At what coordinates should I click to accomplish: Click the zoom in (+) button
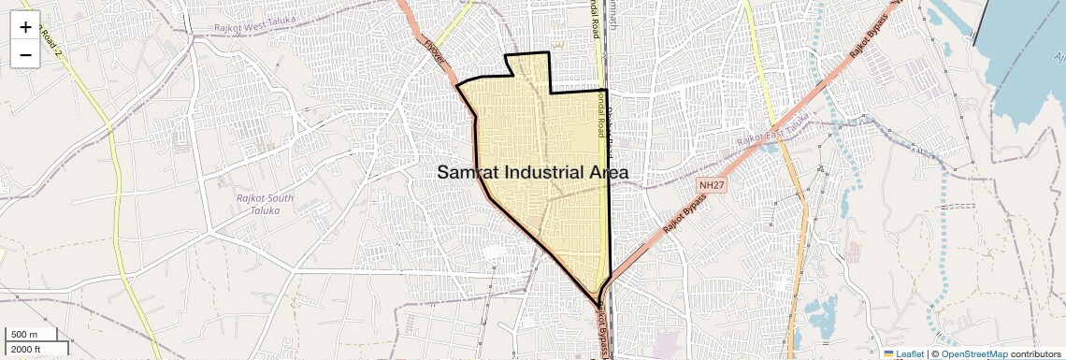25,27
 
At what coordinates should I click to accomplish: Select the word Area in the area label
606,173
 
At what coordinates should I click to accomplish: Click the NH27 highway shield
712,185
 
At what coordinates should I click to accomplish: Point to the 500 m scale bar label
23,335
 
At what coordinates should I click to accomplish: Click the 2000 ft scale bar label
26,350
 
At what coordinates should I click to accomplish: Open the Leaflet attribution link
909,354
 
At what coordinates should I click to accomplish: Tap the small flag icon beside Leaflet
888,354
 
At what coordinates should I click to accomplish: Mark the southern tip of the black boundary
598,304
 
